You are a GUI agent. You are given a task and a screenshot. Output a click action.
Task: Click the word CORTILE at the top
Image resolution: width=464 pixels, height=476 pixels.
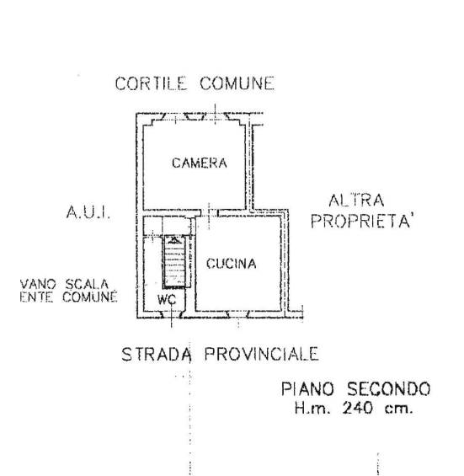tap(151, 83)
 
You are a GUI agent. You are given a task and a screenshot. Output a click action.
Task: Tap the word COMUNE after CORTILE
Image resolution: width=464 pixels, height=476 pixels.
tap(237, 83)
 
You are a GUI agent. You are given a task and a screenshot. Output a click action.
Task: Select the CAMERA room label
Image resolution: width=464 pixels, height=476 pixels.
tap(200, 163)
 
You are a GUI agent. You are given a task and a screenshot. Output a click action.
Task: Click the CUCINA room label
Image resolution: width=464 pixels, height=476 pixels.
tap(232, 264)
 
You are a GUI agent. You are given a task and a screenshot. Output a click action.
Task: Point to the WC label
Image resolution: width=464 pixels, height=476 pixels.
tap(167, 300)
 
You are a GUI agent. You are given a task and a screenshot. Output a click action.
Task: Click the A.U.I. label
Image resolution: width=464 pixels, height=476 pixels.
tap(88, 212)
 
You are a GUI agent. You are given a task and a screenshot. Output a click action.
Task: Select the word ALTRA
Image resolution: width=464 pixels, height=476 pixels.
tap(356, 201)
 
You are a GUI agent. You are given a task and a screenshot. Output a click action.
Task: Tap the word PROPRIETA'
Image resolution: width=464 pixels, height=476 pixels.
tap(363, 221)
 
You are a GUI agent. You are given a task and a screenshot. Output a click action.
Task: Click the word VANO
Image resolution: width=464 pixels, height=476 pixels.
tap(38, 285)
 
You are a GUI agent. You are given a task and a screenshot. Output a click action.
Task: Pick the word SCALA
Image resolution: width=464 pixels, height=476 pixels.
tap(87, 285)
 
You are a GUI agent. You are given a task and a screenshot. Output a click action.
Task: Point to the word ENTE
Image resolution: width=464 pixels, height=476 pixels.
tap(36, 297)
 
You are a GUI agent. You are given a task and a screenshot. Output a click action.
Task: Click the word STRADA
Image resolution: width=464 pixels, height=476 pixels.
tap(157, 355)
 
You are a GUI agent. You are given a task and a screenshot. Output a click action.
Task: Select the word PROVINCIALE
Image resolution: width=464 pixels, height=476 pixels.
tap(262, 354)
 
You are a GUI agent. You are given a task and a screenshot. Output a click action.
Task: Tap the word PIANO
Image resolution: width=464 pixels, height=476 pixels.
tap(307, 389)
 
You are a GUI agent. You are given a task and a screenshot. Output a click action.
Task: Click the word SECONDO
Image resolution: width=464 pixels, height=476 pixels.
tap(389, 389)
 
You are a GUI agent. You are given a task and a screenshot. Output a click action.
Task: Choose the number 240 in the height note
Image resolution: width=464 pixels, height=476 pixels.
tap(358, 408)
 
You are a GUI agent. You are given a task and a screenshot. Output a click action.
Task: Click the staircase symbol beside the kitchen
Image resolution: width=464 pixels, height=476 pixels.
tap(174, 261)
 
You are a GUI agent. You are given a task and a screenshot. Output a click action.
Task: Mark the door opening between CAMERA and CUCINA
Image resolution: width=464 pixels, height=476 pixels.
tap(209, 213)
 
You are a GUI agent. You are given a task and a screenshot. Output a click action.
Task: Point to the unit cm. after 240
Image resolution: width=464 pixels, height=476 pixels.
tap(399, 409)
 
